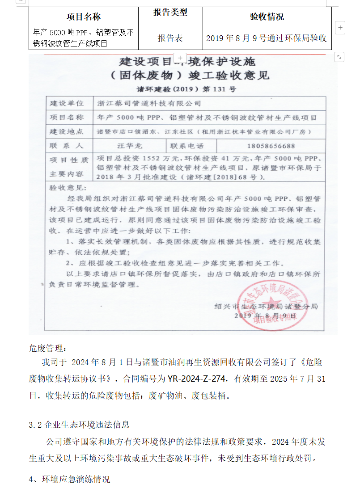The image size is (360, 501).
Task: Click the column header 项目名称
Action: [x=84, y=17]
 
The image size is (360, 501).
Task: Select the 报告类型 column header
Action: [x=170, y=13]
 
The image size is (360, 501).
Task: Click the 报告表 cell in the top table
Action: [x=170, y=38]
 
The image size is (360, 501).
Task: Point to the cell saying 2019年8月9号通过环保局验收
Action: [x=267, y=38]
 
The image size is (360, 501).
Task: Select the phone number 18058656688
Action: [x=271, y=146]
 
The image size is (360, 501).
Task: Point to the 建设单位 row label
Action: [x=67, y=103]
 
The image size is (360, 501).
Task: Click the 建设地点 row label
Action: [x=67, y=132]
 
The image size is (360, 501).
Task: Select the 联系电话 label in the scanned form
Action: [x=187, y=146]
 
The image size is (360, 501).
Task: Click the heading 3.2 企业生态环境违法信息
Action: [x=79, y=425]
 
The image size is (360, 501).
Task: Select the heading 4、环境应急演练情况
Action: [x=69, y=480]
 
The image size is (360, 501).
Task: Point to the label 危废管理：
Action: [x=47, y=348]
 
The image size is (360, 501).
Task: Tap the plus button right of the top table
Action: [x=340, y=27]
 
